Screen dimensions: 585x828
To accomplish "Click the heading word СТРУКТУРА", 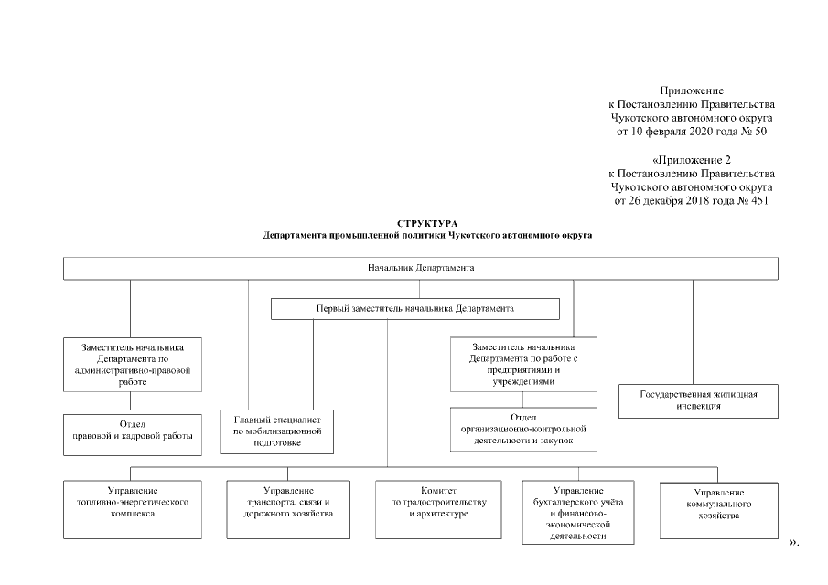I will tap(427, 224).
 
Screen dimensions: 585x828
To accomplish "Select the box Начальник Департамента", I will tap(420, 269).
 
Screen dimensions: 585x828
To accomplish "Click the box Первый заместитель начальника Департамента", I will tap(414, 309).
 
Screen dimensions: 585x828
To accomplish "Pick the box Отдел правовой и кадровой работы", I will tap(132, 431).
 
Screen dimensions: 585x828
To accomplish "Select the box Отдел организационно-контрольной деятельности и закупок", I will tap(523, 428).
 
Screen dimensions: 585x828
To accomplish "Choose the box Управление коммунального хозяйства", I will tap(718, 509).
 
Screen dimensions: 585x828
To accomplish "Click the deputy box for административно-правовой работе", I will tap(132, 365).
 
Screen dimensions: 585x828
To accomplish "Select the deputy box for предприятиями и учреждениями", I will tap(523, 364).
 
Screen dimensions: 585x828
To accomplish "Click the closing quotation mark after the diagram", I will tap(792, 543).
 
